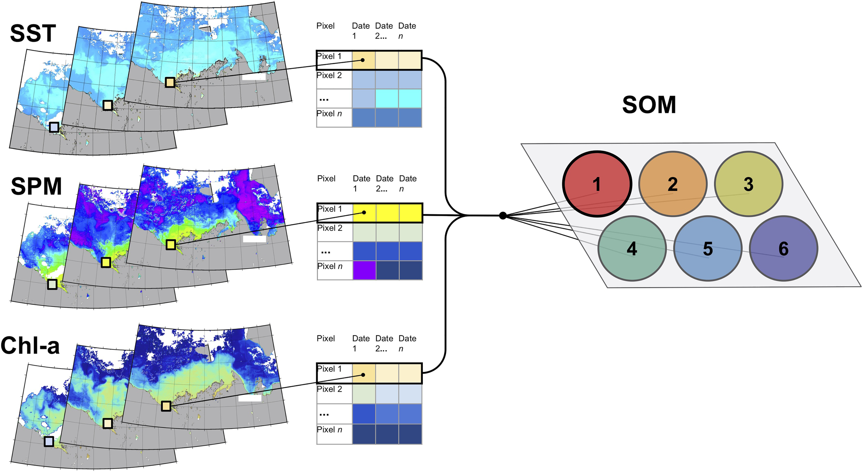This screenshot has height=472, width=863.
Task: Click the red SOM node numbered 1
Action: (x=597, y=184)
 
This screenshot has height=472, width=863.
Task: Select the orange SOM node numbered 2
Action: (x=672, y=184)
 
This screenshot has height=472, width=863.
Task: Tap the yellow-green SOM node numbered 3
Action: (x=748, y=184)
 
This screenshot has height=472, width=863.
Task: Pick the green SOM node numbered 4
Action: (x=632, y=249)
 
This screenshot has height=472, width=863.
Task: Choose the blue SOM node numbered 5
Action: (x=708, y=249)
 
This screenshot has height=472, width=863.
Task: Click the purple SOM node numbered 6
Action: (x=783, y=249)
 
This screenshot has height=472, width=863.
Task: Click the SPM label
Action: (x=36, y=186)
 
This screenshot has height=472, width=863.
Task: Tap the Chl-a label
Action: (x=30, y=345)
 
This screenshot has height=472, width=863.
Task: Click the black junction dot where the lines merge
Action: (x=503, y=216)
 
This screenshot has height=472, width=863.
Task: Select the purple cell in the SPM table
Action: (x=364, y=270)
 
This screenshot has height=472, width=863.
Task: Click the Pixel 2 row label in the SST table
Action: (x=329, y=76)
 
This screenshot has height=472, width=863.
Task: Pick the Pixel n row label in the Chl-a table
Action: (x=330, y=430)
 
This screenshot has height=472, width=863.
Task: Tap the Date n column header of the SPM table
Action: (x=408, y=183)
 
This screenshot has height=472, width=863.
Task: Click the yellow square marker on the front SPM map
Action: (x=171, y=245)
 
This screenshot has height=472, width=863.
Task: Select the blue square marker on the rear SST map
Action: (x=54, y=127)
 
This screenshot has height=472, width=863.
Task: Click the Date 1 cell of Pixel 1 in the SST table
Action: (x=363, y=60)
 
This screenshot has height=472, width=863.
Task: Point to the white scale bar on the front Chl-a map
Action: (x=250, y=398)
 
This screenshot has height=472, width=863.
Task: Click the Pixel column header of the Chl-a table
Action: (x=326, y=338)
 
